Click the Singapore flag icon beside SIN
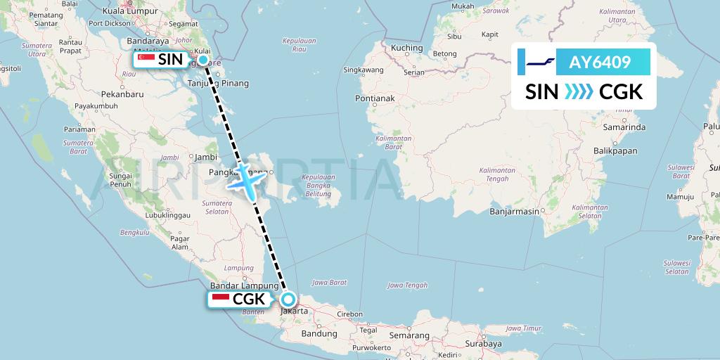[146, 60]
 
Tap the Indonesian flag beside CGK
[220, 300]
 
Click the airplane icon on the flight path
[245, 180]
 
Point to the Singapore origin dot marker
[203, 60]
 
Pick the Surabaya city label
[483, 344]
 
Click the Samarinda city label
[624, 127]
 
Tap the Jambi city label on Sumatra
[205, 157]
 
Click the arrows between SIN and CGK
[578, 91]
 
